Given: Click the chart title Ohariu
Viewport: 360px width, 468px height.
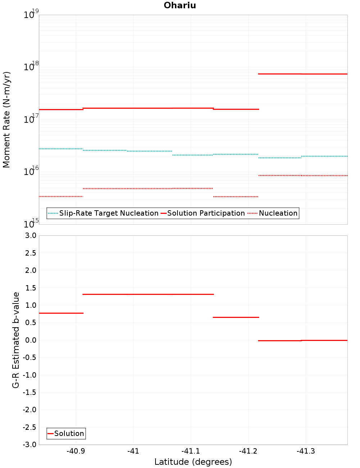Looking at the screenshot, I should click(x=180, y=5).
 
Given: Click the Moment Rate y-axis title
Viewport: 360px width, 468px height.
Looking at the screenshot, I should click(x=6, y=120).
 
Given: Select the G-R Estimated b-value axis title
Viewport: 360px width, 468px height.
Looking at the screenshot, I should click(x=16, y=340).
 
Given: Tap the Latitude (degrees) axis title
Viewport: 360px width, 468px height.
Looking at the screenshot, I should click(x=193, y=462).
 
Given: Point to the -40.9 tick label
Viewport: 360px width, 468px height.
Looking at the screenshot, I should click(x=76, y=451).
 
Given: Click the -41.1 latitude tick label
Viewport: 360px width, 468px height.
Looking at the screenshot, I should click(x=190, y=451).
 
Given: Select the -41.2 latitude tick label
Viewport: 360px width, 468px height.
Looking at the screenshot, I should click(x=248, y=451).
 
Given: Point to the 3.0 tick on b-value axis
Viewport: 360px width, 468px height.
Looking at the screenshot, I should click(x=30, y=235).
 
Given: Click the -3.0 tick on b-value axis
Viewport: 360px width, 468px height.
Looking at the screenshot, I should click(x=30, y=445).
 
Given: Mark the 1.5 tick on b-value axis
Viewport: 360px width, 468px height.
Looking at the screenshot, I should click(x=30, y=288).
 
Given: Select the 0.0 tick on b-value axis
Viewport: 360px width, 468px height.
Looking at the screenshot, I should click(x=30, y=340).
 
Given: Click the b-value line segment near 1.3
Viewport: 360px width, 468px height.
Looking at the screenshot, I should click(x=148, y=294).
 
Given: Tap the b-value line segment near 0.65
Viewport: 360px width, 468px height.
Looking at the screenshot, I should click(x=236, y=317).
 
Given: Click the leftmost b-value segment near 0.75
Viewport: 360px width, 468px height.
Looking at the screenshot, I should click(x=61, y=313).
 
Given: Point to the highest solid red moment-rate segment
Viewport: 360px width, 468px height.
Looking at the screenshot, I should click(x=303, y=74).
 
